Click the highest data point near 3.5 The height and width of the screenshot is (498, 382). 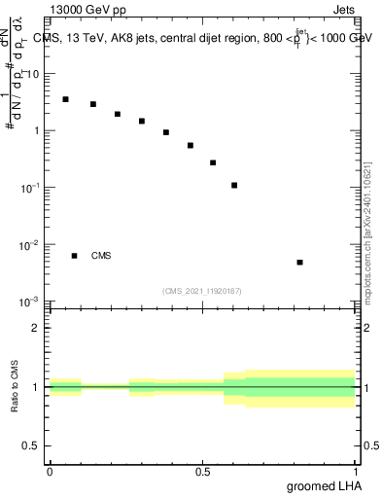point(65,99)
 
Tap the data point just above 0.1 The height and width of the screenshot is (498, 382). point(234,185)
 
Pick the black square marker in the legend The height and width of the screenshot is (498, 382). point(74,256)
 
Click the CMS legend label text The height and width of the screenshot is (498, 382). point(101,256)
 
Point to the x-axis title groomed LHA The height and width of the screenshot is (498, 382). point(322,485)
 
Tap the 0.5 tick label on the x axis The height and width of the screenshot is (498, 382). point(202,471)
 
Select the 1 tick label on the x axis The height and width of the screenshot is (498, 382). point(355,471)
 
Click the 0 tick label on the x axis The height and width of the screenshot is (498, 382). point(50,471)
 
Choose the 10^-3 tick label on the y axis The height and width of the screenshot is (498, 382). point(30,302)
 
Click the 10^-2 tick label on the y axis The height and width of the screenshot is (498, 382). point(30,245)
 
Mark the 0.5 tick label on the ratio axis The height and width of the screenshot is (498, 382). point(32,446)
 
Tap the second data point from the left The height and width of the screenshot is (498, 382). point(93,104)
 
